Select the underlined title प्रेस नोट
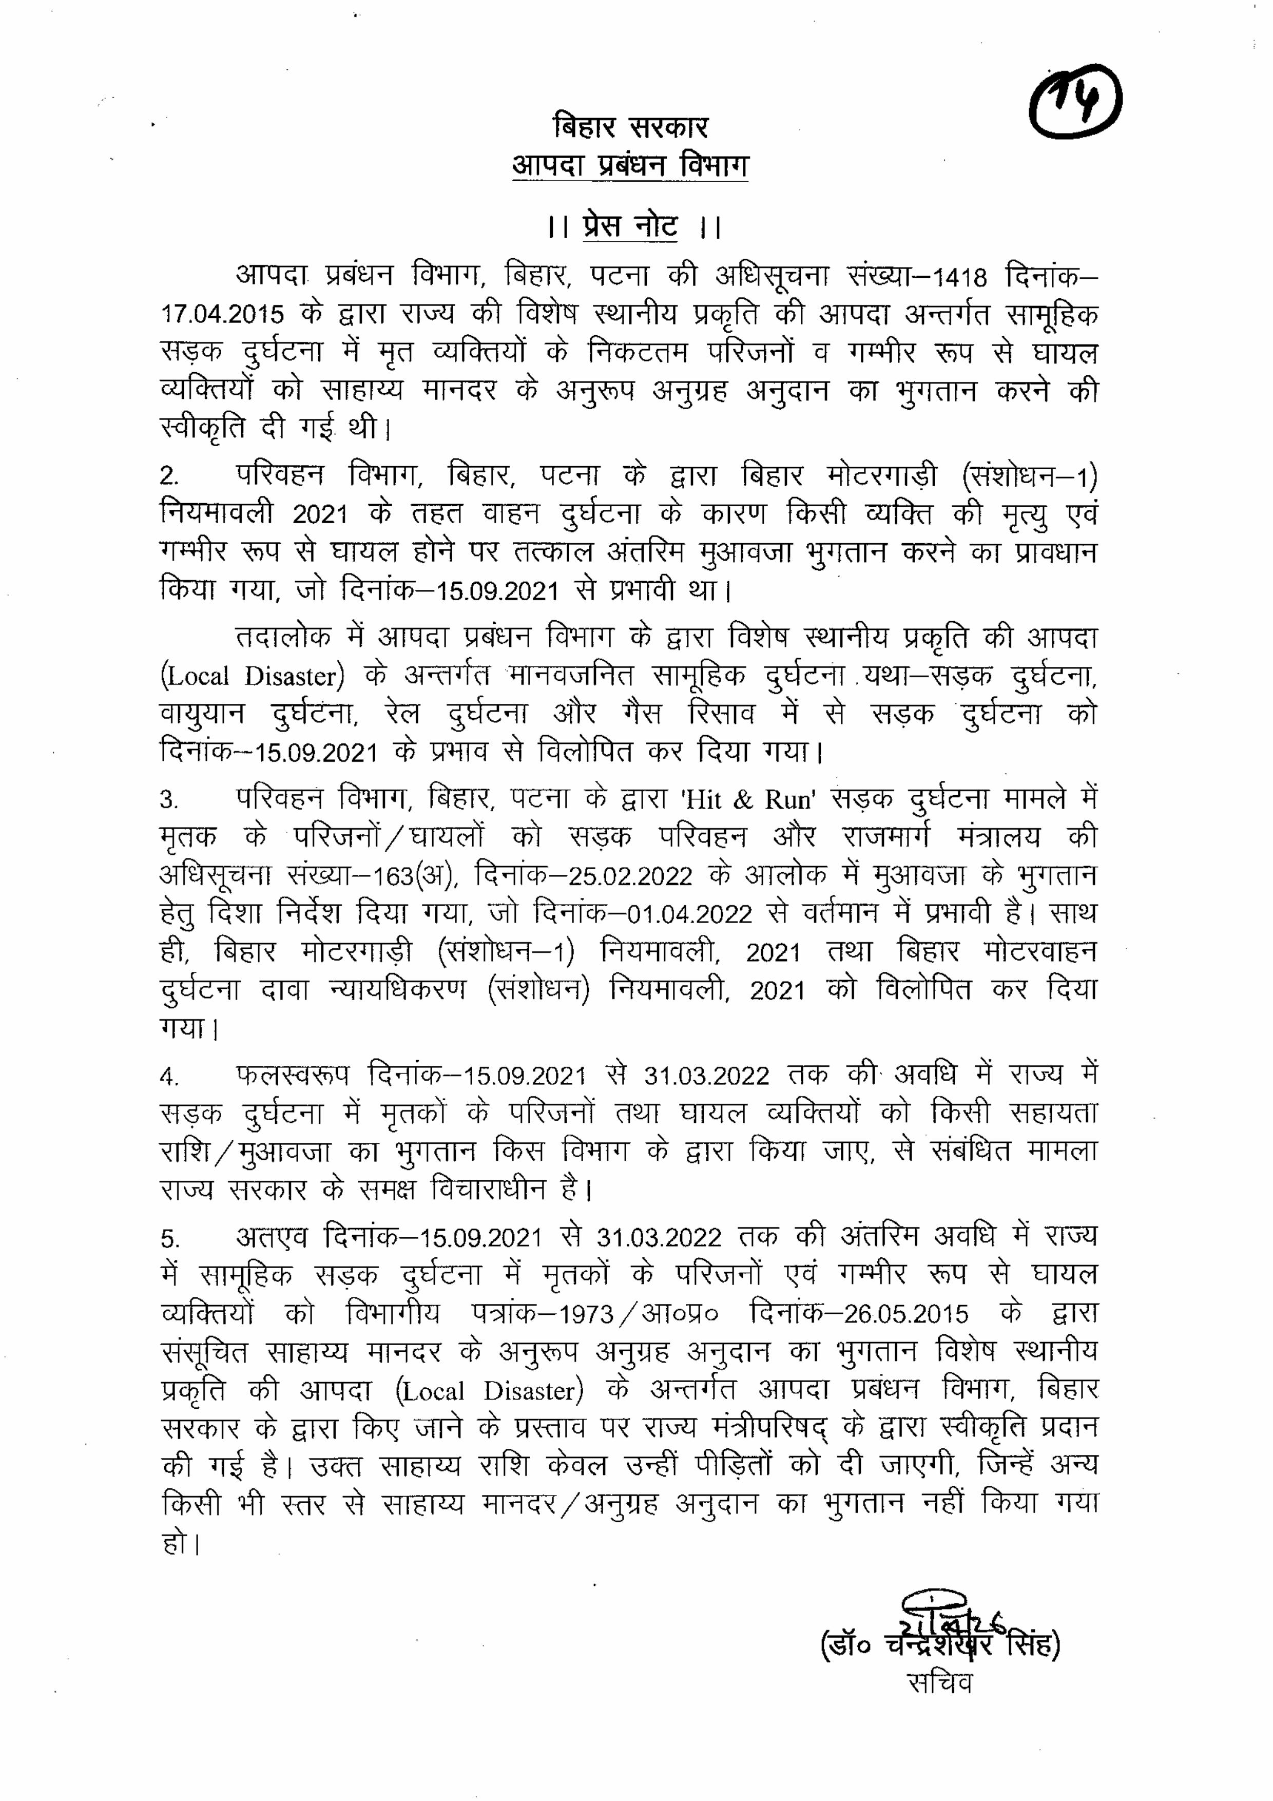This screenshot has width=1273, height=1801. [x=630, y=227]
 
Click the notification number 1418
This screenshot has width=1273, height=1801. [x=954, y=278]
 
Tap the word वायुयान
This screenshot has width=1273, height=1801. [x=202, y=714]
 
